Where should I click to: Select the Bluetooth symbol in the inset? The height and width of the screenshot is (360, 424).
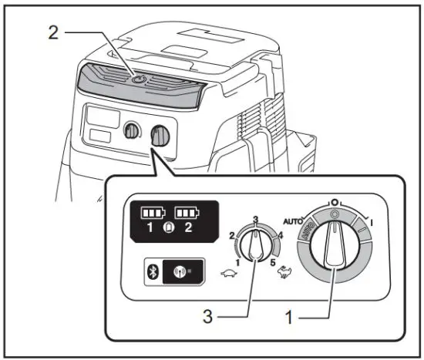point(153,272)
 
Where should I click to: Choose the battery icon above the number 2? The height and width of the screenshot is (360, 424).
point(187,211)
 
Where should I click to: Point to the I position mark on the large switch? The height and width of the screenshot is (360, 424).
point(372,220)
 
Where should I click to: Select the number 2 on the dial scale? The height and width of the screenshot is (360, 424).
point(232,234)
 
